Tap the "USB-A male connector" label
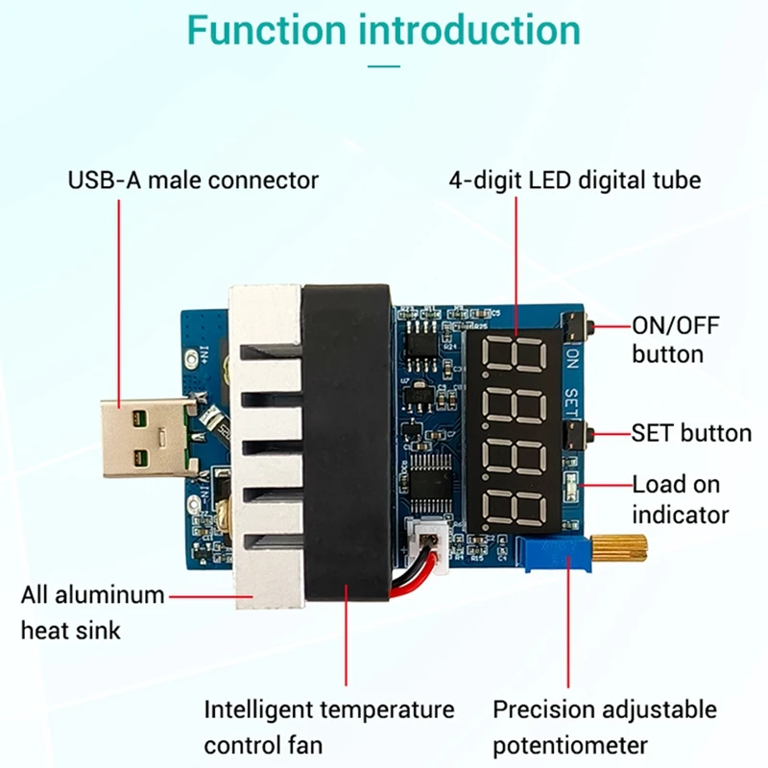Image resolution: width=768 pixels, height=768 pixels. click(x=193, y=180)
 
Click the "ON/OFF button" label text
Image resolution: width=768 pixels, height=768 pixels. click(x=675, y=339)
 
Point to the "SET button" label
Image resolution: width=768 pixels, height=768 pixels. click(x=691, y=433)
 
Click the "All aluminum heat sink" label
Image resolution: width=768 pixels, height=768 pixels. click(x=92, y=612)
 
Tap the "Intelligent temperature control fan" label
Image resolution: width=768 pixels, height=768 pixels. click(x=328, y=727)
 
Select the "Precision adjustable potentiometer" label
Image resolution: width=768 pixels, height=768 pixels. click(x=605, y=727)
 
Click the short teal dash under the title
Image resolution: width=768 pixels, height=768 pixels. click(x=384, y=66)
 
